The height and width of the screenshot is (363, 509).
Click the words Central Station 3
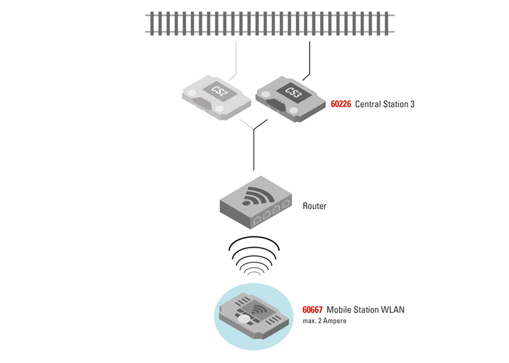pos(384,104)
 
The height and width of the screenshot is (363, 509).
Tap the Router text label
pos(314,206)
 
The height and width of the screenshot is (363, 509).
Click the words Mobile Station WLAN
pos(365,310)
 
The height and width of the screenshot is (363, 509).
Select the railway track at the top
pos(270,24)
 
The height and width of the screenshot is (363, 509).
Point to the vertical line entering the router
pos(254,153)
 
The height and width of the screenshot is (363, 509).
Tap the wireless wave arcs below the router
pos(254,254)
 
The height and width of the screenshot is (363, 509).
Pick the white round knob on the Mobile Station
pos(244,319)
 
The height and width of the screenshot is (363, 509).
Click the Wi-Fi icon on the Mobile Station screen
pos(260,310)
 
